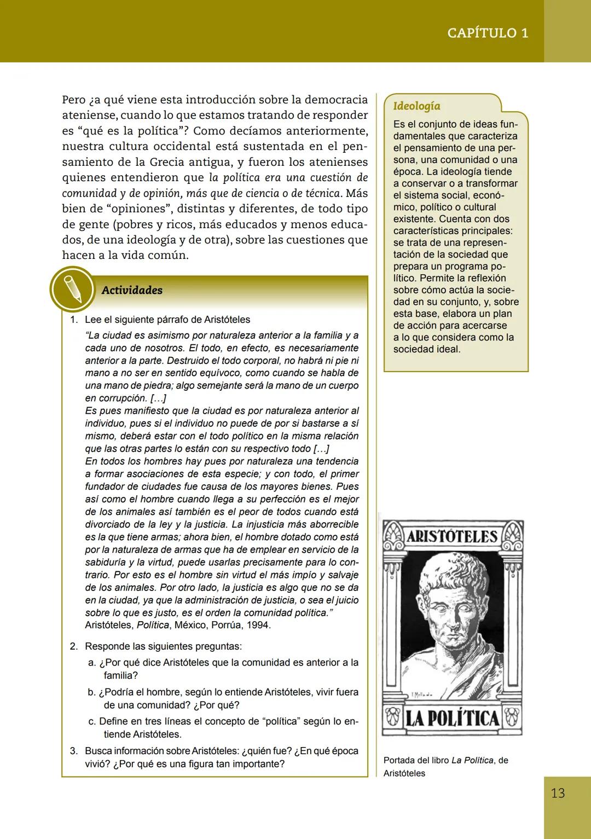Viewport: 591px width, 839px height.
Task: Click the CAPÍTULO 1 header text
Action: coord(488,33)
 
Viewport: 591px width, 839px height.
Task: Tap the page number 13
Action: coord(558,793)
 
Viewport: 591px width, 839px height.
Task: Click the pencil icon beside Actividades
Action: coord(72,289)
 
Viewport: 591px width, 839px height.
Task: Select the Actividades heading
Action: coord(132,290)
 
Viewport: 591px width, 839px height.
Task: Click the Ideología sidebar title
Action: coord(416,106)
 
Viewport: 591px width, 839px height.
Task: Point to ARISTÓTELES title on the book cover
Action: coord(451,536)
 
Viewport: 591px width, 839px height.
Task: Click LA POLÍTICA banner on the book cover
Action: coord(451,718)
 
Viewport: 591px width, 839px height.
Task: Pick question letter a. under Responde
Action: coord(92,663)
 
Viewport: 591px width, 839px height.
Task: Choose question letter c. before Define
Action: coord(92,722)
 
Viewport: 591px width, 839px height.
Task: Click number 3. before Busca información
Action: coord(74,751)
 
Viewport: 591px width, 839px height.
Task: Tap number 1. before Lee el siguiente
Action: coord(74,320)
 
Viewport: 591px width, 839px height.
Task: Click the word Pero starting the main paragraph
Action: coord(74,100)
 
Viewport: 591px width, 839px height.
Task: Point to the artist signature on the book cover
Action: coord(422,695)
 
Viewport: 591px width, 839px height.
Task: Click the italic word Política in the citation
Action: coord(153,625)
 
